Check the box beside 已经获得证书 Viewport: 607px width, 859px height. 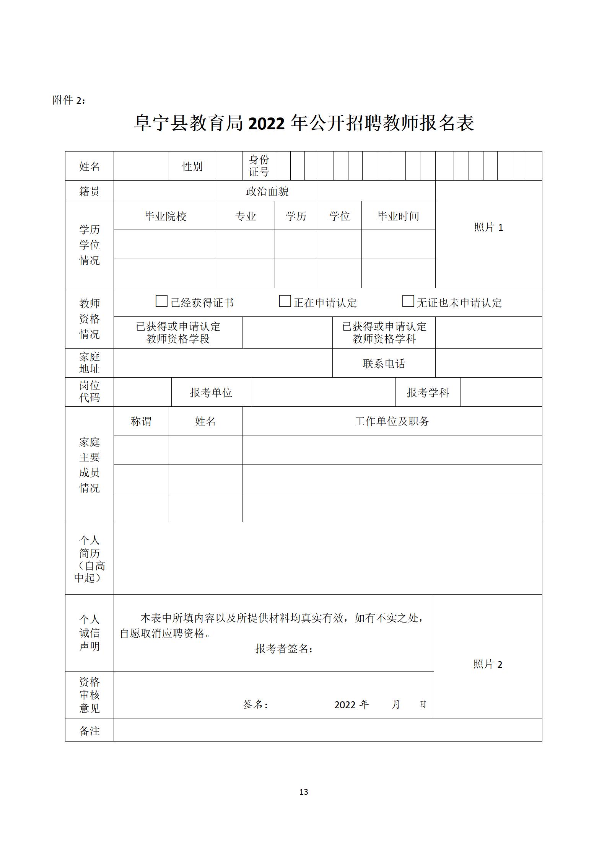(x=161, y=301)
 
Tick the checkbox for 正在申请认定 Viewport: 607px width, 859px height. (x=285, y=301)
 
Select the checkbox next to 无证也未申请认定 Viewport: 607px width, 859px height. (x=408, y=301)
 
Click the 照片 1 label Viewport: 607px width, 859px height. (x=488, y=227)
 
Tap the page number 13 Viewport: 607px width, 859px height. (x=304, y=792)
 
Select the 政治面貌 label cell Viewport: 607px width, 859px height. (x=267, y=191)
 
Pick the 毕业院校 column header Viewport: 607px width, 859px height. (x=165, y=216)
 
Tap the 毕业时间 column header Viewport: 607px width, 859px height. (x=398, y=216)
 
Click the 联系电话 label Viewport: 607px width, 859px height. (x=384, y=363)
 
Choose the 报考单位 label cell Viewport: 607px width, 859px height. (x=211, y=393)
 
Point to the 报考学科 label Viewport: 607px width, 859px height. (x=428, y=393)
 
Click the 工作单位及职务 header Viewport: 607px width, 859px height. (x=392, y=421)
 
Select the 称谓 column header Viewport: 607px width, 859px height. (x=141, y=421)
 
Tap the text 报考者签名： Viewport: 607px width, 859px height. (x=284, y=648)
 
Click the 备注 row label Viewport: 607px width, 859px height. (x=90, y=731)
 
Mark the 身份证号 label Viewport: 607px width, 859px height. (x=259, y=166)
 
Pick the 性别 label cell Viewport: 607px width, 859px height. (x=192, y=166)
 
